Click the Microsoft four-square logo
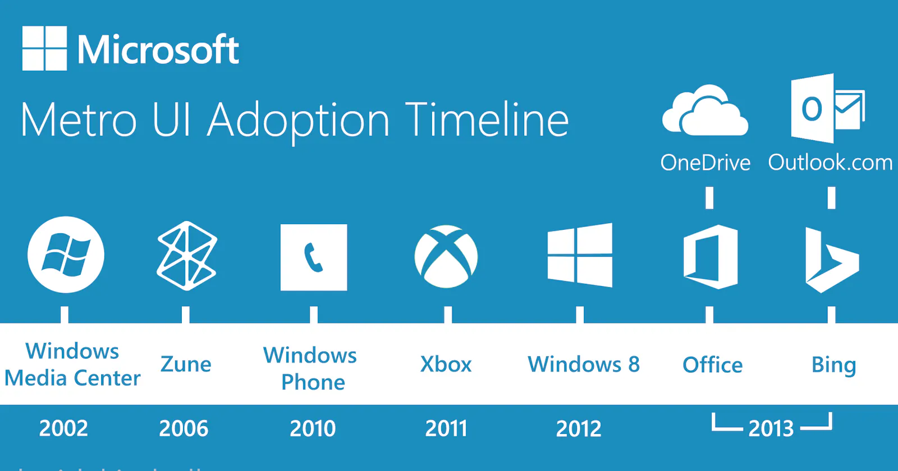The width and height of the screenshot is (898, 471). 44,48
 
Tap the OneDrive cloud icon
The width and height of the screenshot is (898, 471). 705,110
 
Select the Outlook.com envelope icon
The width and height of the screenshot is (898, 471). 827,108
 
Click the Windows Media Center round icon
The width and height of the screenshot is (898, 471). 66,255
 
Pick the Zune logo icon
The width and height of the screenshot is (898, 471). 186,256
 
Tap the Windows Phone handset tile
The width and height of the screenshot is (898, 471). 313,257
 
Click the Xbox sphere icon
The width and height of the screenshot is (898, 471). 446,257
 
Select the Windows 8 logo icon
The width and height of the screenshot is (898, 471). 580,256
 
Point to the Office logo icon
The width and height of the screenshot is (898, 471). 710,257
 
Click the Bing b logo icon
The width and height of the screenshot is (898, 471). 831,260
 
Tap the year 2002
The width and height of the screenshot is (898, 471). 63,428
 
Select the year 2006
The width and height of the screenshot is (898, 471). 184,428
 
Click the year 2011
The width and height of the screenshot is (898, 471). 446,428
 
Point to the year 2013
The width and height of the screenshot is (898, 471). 771,428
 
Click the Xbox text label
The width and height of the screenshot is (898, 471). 446,364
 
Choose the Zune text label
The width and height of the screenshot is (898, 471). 186,364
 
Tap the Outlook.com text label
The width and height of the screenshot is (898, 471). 830,163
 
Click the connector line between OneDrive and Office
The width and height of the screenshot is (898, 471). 709,198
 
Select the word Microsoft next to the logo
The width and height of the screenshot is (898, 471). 158,50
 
